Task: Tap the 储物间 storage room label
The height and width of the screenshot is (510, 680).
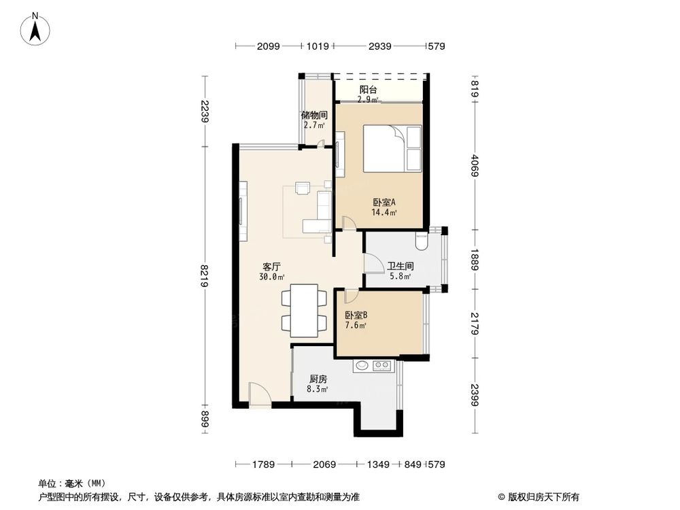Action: pos(314,115)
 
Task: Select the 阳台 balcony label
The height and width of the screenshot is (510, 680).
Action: pos(369,89)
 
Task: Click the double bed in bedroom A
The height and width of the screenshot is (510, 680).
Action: pos(393,148)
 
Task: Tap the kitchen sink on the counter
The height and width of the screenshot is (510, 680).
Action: pos(362,366)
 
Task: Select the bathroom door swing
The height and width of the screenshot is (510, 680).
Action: pos(373,262)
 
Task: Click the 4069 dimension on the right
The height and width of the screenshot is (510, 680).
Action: pos(474,163)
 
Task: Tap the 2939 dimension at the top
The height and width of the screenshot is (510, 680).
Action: pos(378,47)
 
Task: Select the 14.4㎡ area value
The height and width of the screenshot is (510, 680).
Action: pos(384,212)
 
